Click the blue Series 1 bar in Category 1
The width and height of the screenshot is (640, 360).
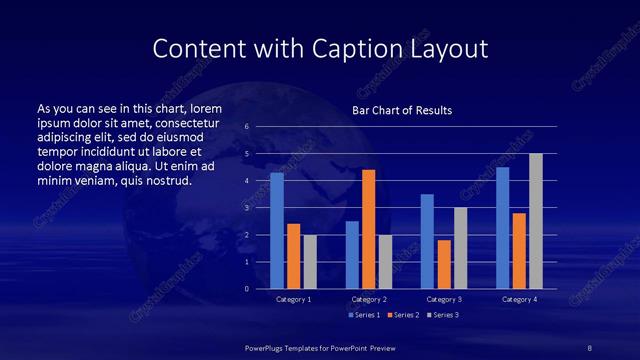pyautogui.click(x=277, y=231)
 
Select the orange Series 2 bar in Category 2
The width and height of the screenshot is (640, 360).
pyautogui.click(x=369, y=229)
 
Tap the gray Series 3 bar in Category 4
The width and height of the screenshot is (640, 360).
pyautogui.click(x=536, y=221)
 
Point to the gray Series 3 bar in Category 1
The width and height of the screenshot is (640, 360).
pyautogui.click(x=310, y=262)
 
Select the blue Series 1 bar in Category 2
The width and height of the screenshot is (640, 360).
pyautogui.click(x=352, y=255)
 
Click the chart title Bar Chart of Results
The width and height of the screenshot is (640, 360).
pyautogui.click(x=402, y=109)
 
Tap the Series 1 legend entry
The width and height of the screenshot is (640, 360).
pyautogui.click(x=363, y=315)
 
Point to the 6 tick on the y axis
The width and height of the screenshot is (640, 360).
pyautogui.click(x=246, y=127)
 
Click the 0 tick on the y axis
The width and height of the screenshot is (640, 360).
pyautogui.click(x=246, y=289)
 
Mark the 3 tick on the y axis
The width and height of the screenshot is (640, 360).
pyautogui.click(x=246, y=208)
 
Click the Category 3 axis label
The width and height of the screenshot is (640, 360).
pyautogui.click(x=443, y=299)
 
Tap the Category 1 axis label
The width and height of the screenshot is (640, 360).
pyautogui.click(x=293, y=299)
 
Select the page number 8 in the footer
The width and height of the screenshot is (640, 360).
pyautogui.click(x=591, y=347)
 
